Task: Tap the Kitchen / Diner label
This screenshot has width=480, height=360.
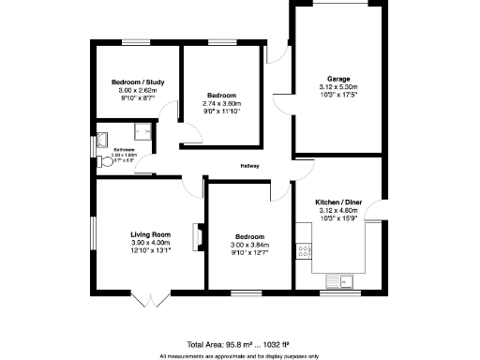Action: click(338, 202)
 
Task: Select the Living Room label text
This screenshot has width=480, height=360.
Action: click(150, 234)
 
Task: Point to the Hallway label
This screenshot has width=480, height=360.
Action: click(249, 166)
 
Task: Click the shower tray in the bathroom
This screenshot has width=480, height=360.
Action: click(143, 132)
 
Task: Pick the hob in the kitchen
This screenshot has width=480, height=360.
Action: click(304, 250)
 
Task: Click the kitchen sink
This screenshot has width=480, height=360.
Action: click(339, 279)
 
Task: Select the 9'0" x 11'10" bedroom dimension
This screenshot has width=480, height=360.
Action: click(222, 112)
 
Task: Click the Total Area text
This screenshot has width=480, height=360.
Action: click(239, 344)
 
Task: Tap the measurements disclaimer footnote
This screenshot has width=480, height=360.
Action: click(239, 355)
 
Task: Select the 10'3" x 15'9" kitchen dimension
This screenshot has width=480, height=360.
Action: click(338, 218)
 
